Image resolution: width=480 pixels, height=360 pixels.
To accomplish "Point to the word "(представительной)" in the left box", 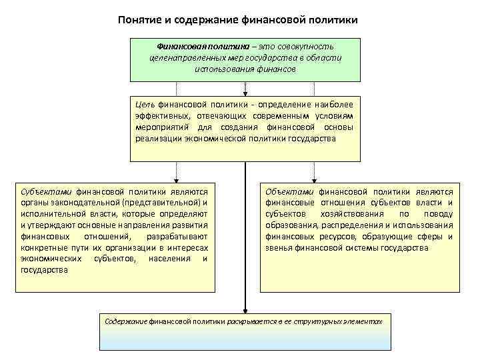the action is click(163, 202).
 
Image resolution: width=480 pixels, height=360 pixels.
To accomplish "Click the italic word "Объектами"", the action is click(291, 191).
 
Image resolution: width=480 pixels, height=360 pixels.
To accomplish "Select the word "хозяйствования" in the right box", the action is click(353, 213).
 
